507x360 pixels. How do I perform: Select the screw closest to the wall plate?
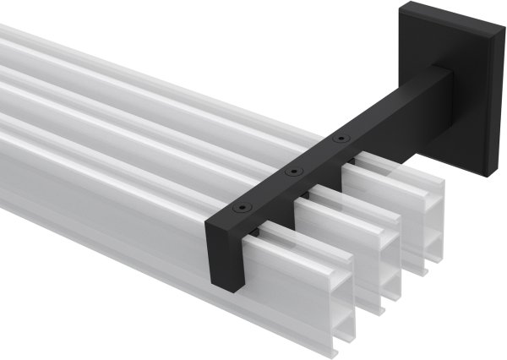[x=340, y=138]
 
